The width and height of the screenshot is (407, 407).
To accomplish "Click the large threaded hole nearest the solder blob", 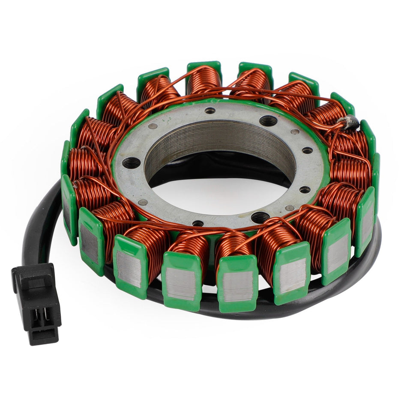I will point(268,121).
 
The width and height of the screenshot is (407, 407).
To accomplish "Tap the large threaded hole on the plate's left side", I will point(131,163).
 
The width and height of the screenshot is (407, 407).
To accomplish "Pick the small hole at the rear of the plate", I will point(210,111).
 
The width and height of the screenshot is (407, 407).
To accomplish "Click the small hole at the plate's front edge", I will point(198,223).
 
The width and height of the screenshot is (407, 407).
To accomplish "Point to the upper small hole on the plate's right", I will point(308,150).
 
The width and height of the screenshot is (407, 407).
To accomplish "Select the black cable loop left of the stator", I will point(39,223).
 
